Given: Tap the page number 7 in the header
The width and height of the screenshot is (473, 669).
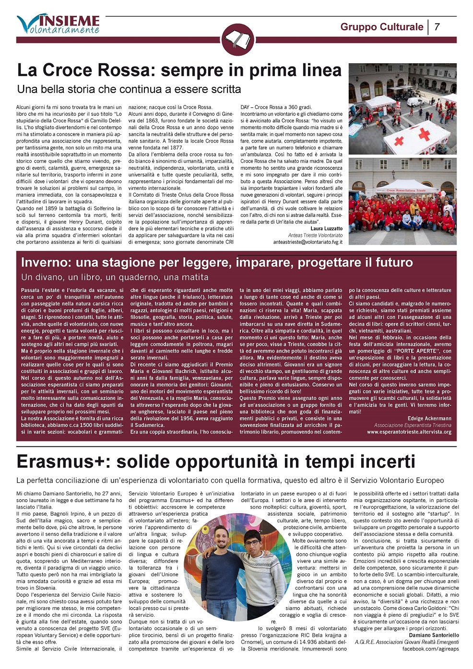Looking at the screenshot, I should pos(437,27).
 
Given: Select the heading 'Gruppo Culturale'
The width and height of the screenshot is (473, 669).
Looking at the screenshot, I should pos(381,27).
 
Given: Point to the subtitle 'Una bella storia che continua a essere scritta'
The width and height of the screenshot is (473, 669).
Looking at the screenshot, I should pos(129,89).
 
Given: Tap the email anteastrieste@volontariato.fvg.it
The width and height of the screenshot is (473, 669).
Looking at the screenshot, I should pos(307,242).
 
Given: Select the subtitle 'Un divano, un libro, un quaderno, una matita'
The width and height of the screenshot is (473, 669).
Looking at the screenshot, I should pos(115,277).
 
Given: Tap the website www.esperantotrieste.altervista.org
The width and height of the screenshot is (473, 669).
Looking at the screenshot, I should pos(409,432).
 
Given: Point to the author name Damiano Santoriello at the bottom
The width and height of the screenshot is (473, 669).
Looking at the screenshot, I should pos(434,635).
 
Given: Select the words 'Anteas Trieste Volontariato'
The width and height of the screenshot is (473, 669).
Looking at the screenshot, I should pos(315,235).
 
